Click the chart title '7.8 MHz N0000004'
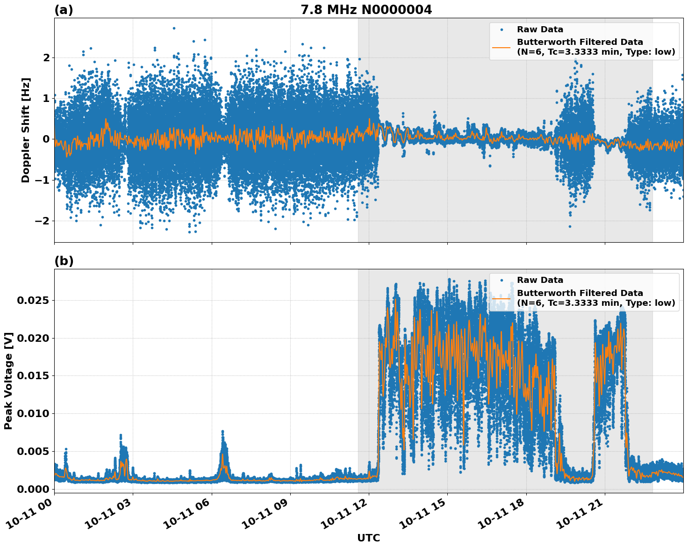pyautogui.click(x=366, y=10)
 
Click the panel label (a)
pyautogui.click(x=64, y=10)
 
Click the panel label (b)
pyautogui.click(x=64, y=261)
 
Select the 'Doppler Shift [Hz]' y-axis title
pyautogui.click(x=26, y=130)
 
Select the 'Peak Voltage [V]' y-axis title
pyautogui.click(x=8, y=381)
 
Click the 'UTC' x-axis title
pyautogui.click(x=368, y=538)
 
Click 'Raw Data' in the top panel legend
pyautogui.click(x=540, y=29)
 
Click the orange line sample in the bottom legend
pyautogui.click(x=502, y=298)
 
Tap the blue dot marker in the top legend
pyautogui.click(x=502, y=29)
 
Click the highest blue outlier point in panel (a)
pyautogui.click(x=174, y=28)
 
